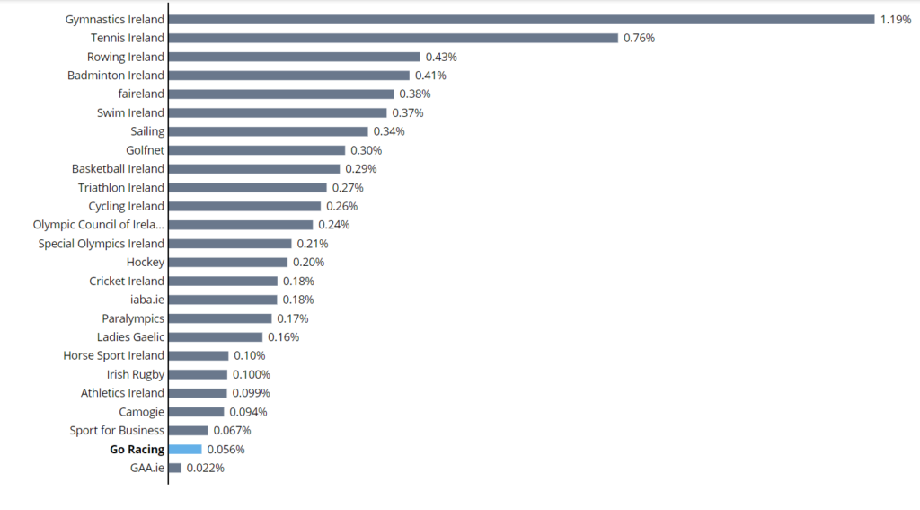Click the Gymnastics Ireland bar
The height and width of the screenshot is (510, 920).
[x=522, y=20]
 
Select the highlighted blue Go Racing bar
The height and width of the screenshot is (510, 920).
[x=185, y=450]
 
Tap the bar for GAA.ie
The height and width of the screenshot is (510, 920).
[x=175, y=468]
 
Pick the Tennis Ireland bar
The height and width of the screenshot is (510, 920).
[x=394, y=38]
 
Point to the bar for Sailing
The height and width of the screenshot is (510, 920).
[x=268, y=131]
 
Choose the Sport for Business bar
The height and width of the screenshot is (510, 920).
[x=189, y=431]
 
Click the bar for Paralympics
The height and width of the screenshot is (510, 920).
[x=220, y=318]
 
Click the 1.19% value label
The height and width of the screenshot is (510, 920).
[x=896, y=20]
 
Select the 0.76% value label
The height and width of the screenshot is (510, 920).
[x=639, y=38]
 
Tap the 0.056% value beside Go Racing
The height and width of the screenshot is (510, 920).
[x=226, y=450]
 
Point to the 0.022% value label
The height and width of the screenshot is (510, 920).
[x=206, y=468]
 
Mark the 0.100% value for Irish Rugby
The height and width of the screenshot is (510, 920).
[x=252, y=374]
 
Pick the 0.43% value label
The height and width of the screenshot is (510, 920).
[x=441, y=57]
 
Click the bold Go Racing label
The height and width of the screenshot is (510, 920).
[x=137, y=450]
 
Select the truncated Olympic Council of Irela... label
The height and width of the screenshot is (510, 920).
[x=99, y=225]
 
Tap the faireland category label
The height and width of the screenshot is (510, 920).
[x=141, y=94]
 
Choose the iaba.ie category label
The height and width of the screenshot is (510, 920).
[x=147, y=300]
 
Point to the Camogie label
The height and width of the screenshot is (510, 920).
[x=141, y=413]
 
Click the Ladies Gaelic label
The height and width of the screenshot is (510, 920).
[x=130, y=337]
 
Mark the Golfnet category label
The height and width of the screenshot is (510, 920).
[x=145, y=150]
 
